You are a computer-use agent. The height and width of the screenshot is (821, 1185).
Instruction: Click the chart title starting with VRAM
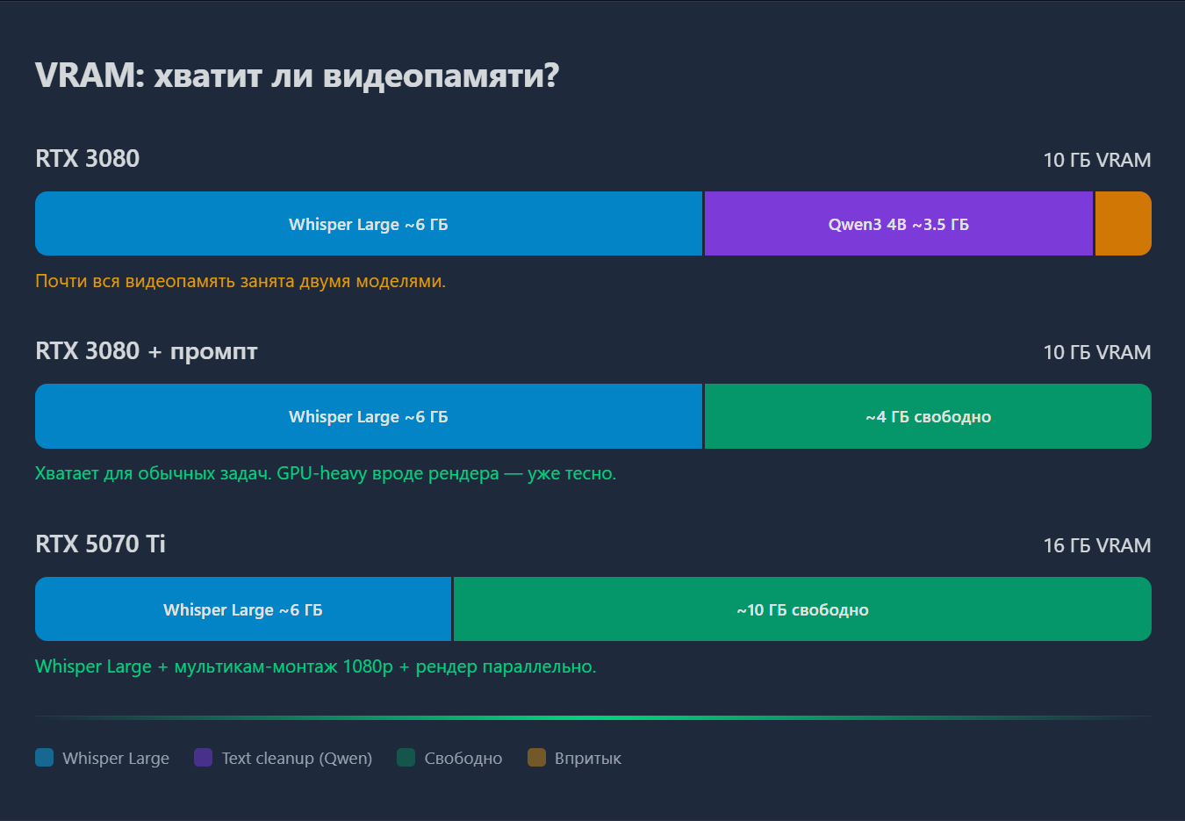pyautogui.click(x=297, y=76)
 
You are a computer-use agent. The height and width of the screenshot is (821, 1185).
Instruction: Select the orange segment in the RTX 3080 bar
pyautogui.click(x=1123, y=224)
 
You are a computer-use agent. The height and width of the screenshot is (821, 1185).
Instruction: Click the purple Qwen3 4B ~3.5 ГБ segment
pyautogui.click(x=898, y=224)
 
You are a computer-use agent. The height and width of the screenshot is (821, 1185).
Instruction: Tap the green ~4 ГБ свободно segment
pyautogui.click(x=928, y=416)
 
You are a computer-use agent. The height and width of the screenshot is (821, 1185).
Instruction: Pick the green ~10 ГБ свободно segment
pyautogui.click(x=802, y=609)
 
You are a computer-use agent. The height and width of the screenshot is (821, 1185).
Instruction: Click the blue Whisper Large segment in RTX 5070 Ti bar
pyautogui.click(x=243, y=609)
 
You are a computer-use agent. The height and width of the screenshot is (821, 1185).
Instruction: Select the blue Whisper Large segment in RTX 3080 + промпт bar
pyautogui.click(x=369, y=416)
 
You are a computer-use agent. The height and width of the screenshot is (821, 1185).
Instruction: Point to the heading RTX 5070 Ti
pyautogui.click(x=100, y=544)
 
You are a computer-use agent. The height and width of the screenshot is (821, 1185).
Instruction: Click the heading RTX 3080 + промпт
pyautogui.click(x=147, y=351)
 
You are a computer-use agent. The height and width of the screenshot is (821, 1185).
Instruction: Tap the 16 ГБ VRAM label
pyautogui.click(x=1096, y=545)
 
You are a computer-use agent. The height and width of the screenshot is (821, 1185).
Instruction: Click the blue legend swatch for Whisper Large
pyautogui.click(x=45, y=758)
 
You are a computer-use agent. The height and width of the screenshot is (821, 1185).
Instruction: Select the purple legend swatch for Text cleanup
pyautogui.click(x=203, y=758)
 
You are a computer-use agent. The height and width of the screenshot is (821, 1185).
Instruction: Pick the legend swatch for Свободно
pyautogui.click(x=406, y=758)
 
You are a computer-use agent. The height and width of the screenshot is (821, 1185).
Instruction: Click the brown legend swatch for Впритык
pyautogui.click(x=536, y=758)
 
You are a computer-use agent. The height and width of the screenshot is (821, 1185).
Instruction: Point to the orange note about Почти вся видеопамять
pyautogui.click(x=241, y=281)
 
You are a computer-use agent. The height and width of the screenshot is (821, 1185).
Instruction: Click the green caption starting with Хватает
pyautogui.click(x=326, y=473)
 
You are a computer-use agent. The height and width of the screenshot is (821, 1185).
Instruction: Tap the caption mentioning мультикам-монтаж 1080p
pyautogui.click(x=315, y=666)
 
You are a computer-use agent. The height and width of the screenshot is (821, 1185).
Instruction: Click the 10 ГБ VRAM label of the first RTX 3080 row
pyautogui.click(x=1096, y=160)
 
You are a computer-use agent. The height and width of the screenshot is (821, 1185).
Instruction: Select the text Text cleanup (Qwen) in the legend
pyautogui.click(x=297, y=758)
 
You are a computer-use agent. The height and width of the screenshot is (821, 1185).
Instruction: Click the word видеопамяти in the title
pyautogui.click(x=440, y=76)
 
